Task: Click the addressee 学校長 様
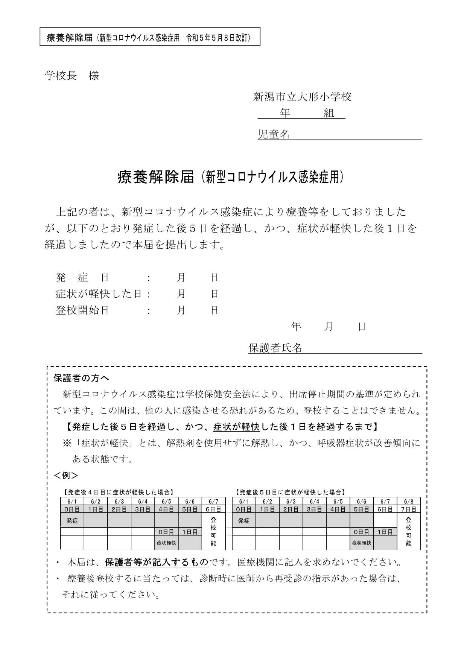click(72, 76)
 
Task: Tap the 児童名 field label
click(274, 134)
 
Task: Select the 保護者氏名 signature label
click(275, 348)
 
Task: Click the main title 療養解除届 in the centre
click(156, 177)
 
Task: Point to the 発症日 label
click(82, 278)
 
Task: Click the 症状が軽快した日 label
click(99, 294)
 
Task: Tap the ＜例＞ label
click(66, 475)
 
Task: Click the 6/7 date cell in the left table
click(213, 502)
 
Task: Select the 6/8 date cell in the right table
click(409, 502)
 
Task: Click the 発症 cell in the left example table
click(72, 521)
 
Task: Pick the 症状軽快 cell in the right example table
click(362, 543)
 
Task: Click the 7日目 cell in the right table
click(409, 509)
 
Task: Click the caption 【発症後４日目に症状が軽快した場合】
click(118, 492)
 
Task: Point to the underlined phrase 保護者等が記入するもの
click(157, 563)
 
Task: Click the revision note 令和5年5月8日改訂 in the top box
click(218, 38)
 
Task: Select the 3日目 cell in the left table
click(143, 509)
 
